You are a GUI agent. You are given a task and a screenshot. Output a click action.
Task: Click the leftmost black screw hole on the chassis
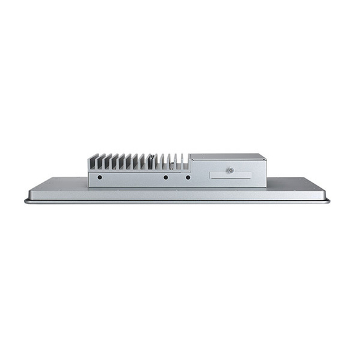(x=99, y=177)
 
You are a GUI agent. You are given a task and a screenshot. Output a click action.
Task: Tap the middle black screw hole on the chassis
(x=165, y=177)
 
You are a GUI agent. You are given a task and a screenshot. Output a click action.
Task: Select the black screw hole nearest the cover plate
(x=188, y=177)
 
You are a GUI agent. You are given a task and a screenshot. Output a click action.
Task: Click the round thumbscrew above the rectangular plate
(x=231, y=171)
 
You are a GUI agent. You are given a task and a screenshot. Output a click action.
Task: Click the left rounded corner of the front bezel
(x=27, y=201)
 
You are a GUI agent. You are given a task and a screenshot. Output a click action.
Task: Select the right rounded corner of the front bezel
(x=328, y=201)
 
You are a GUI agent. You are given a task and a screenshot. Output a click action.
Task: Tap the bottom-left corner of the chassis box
(x=89, y=186)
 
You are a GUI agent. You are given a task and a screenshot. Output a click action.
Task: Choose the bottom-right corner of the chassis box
(x=265, y=186)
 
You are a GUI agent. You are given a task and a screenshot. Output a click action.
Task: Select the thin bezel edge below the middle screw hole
(x=165, y=201)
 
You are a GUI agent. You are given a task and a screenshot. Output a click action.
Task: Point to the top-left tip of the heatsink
(x=88, y=155)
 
